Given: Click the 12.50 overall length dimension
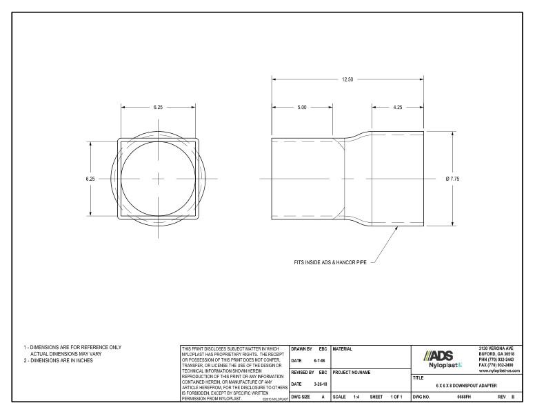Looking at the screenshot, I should [x=347, y=79].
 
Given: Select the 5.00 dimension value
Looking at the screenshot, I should [x=302, y=108].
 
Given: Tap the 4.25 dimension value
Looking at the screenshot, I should [x=398, y=108].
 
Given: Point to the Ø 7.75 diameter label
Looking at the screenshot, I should [x=453, y=179].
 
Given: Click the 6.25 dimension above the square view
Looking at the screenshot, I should [x=158, y=108].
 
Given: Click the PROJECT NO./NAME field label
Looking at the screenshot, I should [x=351, y=373].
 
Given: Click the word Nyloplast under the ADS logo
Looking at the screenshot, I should [x=441, y=365].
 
